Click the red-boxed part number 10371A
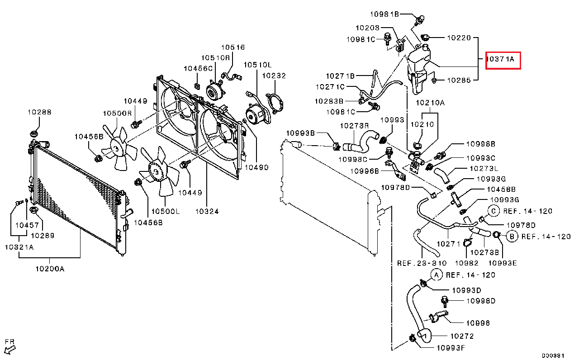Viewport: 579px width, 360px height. (x=500, y=59)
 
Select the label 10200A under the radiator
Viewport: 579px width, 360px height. (x=50, y=269)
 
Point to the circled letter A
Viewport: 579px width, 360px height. (x=437, y=275)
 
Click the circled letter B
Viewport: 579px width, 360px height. (x=512, y=237)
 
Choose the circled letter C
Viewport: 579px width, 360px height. (x=494, y=211)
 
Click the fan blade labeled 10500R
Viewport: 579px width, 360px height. (x=119, y=148)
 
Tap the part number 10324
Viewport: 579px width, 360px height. (x=207, y=211)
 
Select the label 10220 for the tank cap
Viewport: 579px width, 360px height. (x=459, y=38)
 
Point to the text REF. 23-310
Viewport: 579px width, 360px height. (x=422, y=263)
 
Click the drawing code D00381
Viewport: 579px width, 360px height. (x=553, y=355)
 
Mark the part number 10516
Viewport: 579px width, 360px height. (x=233, y=47)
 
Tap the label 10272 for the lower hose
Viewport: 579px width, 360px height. (x=462, y=336)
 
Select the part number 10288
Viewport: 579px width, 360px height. (x=39, y=112)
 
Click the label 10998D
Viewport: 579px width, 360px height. (x=481, y=301)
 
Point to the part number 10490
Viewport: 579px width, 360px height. (x=256, y=167)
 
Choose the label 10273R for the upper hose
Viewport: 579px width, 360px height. (x=354, y=126)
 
